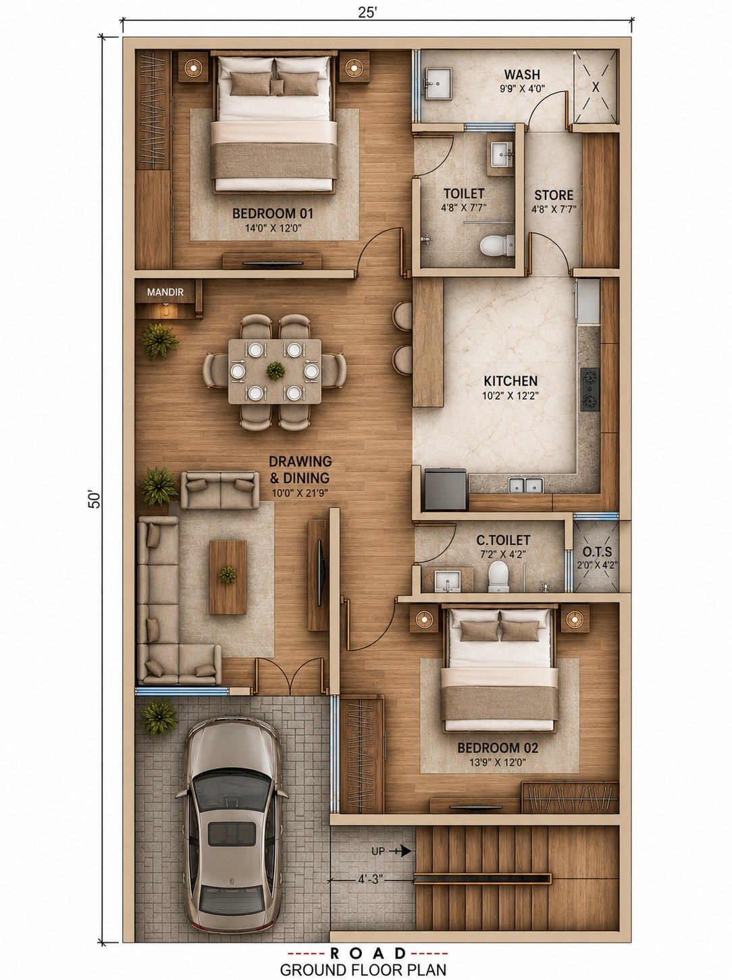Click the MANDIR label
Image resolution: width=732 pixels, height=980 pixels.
pos(165,292)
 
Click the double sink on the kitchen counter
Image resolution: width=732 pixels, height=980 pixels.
pos(527,486)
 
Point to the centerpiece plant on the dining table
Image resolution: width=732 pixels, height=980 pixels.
pos(275,371)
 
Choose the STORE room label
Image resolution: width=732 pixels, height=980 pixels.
pos(554,195)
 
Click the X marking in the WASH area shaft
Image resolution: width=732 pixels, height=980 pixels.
pos(596,86)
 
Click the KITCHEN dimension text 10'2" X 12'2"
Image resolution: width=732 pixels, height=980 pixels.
pos(511,394)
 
